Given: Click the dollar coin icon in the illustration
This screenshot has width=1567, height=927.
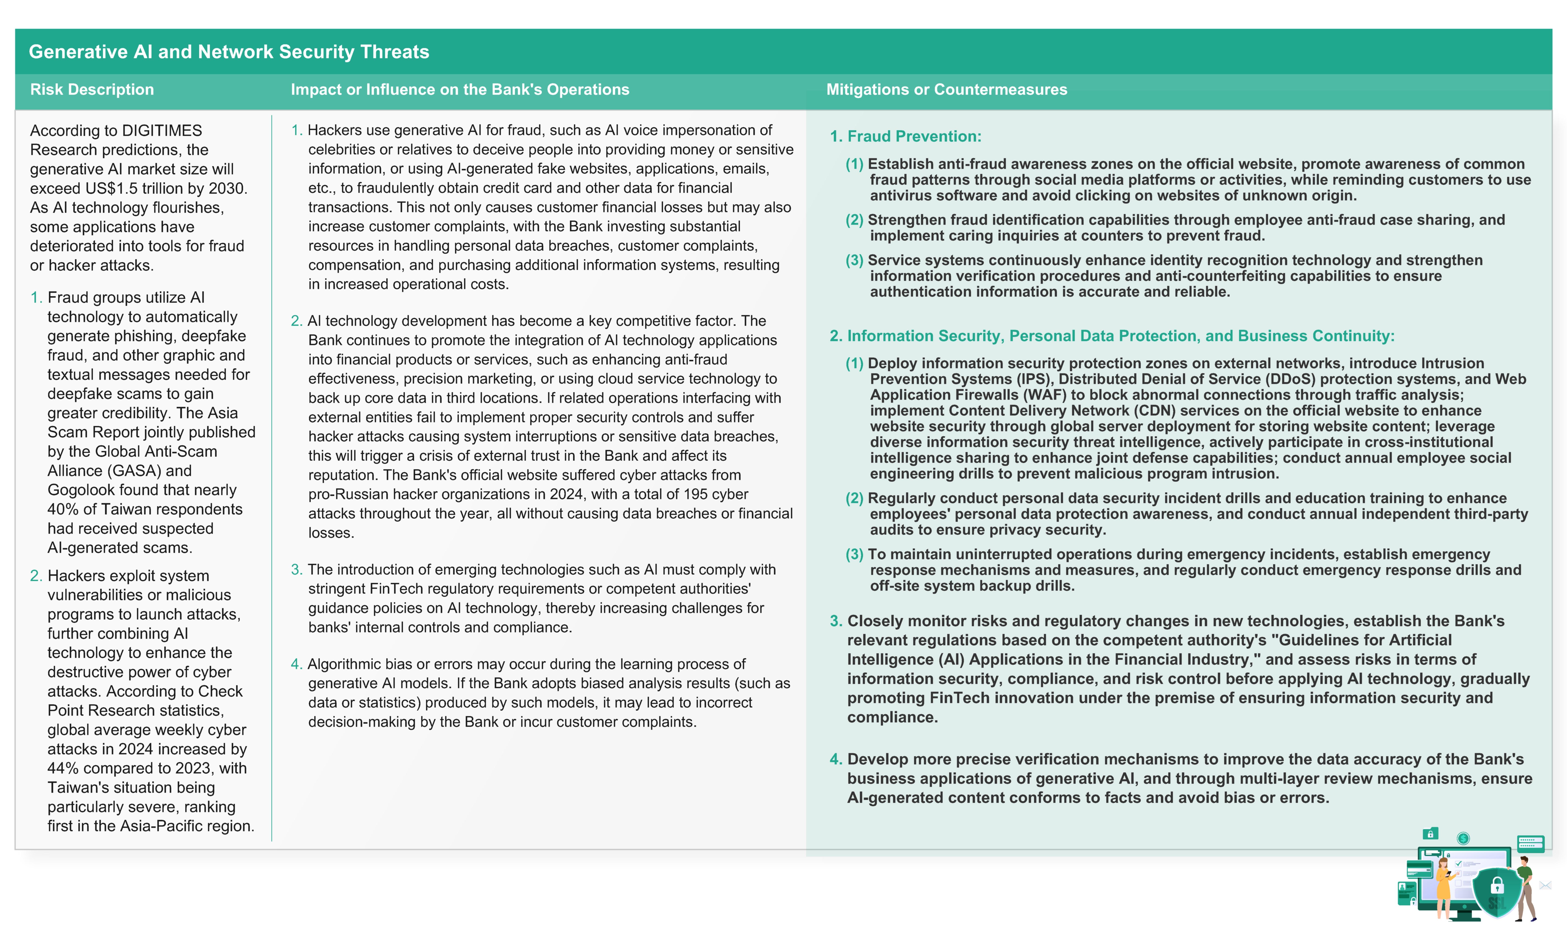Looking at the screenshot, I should [1463, 838].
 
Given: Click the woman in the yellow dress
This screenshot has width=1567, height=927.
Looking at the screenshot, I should [1443, 887].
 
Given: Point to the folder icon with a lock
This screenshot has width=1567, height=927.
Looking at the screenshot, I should [1430, 833].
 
